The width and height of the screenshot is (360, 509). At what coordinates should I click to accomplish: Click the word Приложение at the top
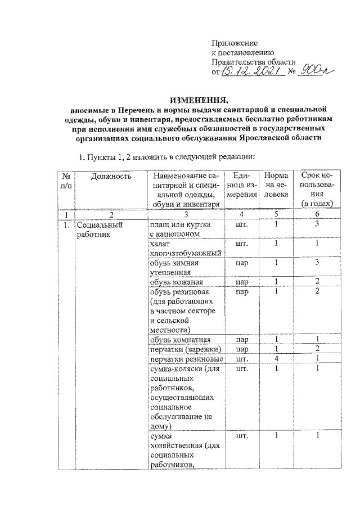click(235, 43)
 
